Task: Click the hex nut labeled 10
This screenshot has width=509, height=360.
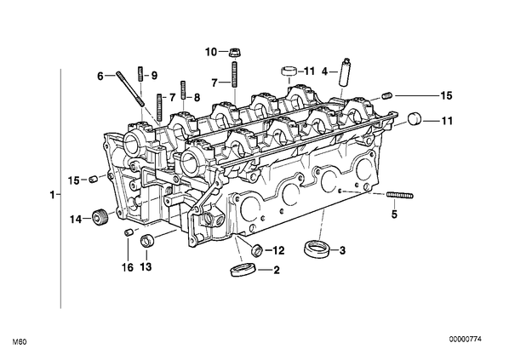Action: pyautogui.click(x=232, y=52)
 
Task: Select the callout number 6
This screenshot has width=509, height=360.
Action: pyautogui.click(x=100, y=77)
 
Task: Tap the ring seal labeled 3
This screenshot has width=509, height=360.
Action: pyautogui.click(x=317, y=249)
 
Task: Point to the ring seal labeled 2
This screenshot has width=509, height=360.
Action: pyautogui.click(x=243, y=270)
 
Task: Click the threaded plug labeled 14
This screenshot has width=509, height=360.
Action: pyautogui.click(x=100, y=216)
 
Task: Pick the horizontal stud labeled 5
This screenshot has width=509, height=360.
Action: pyautogui.click(x=400, y=195)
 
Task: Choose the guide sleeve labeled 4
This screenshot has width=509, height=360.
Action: pyautogui.click(x=345, y=71)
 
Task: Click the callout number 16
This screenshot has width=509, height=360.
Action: pyautogui.click(x=128, y=267)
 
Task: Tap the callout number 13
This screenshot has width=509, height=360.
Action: pyautogui.click(x=146, y=267)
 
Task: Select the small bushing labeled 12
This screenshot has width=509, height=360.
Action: pyautogui.click(x=257, y=249)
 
